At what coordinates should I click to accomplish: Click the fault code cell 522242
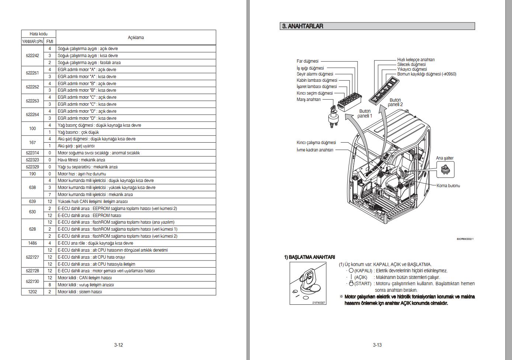coord(32,56)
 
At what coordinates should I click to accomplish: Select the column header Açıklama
coord(136,38)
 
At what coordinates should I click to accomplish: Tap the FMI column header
coord(50,42)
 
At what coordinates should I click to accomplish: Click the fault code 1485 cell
coord(32,243)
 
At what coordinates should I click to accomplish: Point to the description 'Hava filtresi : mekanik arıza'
coord(81,160)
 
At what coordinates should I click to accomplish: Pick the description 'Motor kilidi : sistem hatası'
coord(80,292)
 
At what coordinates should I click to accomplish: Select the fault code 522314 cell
coord(32,153)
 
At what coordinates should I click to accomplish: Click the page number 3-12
coord(118,345)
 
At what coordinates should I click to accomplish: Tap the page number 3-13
coord(377,345)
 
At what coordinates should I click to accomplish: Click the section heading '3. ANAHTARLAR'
coord(303,26)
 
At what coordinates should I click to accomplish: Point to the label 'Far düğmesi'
coord(307,61)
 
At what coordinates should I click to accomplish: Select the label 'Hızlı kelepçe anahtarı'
coord(415,60)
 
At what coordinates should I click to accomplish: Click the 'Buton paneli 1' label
coord(365,113)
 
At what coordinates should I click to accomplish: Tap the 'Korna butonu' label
coord(448,186)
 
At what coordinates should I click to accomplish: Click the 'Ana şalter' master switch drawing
coord(445,170)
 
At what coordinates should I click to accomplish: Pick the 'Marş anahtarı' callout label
coord(309,99)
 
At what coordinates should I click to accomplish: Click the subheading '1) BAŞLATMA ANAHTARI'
coord(309,257)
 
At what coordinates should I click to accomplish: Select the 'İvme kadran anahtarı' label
coord(315,150)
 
